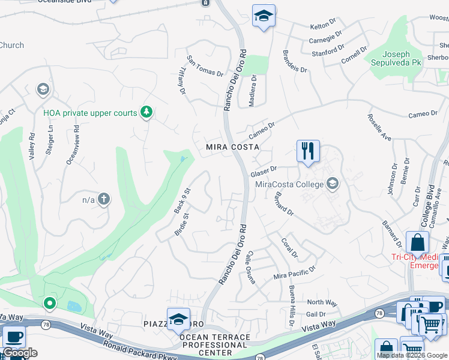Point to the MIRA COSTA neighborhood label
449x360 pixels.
point(232,146)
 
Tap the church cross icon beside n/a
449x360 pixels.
point(104,199)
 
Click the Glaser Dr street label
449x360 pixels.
point(264,171)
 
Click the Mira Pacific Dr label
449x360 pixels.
point(294,273)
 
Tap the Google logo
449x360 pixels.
point(20,353)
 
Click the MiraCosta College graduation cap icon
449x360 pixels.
point(331,184)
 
